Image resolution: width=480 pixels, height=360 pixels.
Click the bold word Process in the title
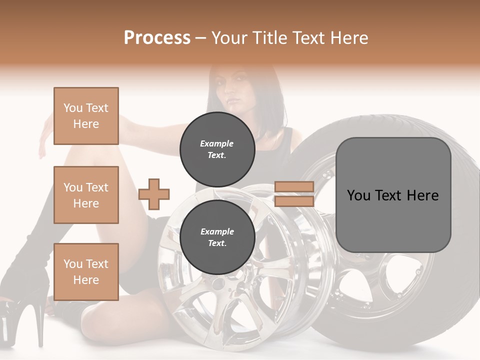point(157,37)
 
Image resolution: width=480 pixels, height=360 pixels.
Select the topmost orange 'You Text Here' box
point(86,116)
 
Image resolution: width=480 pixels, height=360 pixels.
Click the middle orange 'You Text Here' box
point(86,195)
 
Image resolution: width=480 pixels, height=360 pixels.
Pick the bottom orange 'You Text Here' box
point(86,271)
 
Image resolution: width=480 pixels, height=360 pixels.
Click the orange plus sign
point(154,194)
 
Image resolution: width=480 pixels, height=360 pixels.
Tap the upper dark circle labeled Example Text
point(217,149)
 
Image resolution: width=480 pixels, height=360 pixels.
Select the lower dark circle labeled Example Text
point(217,237)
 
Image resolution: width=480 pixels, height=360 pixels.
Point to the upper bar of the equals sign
point(294,187)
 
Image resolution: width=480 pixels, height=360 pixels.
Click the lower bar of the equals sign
point(294,201)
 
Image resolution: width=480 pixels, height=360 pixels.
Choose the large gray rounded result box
point(393,220)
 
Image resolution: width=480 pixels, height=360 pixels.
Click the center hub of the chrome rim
point(218,283)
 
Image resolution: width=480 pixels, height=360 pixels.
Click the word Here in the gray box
point(422,195)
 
